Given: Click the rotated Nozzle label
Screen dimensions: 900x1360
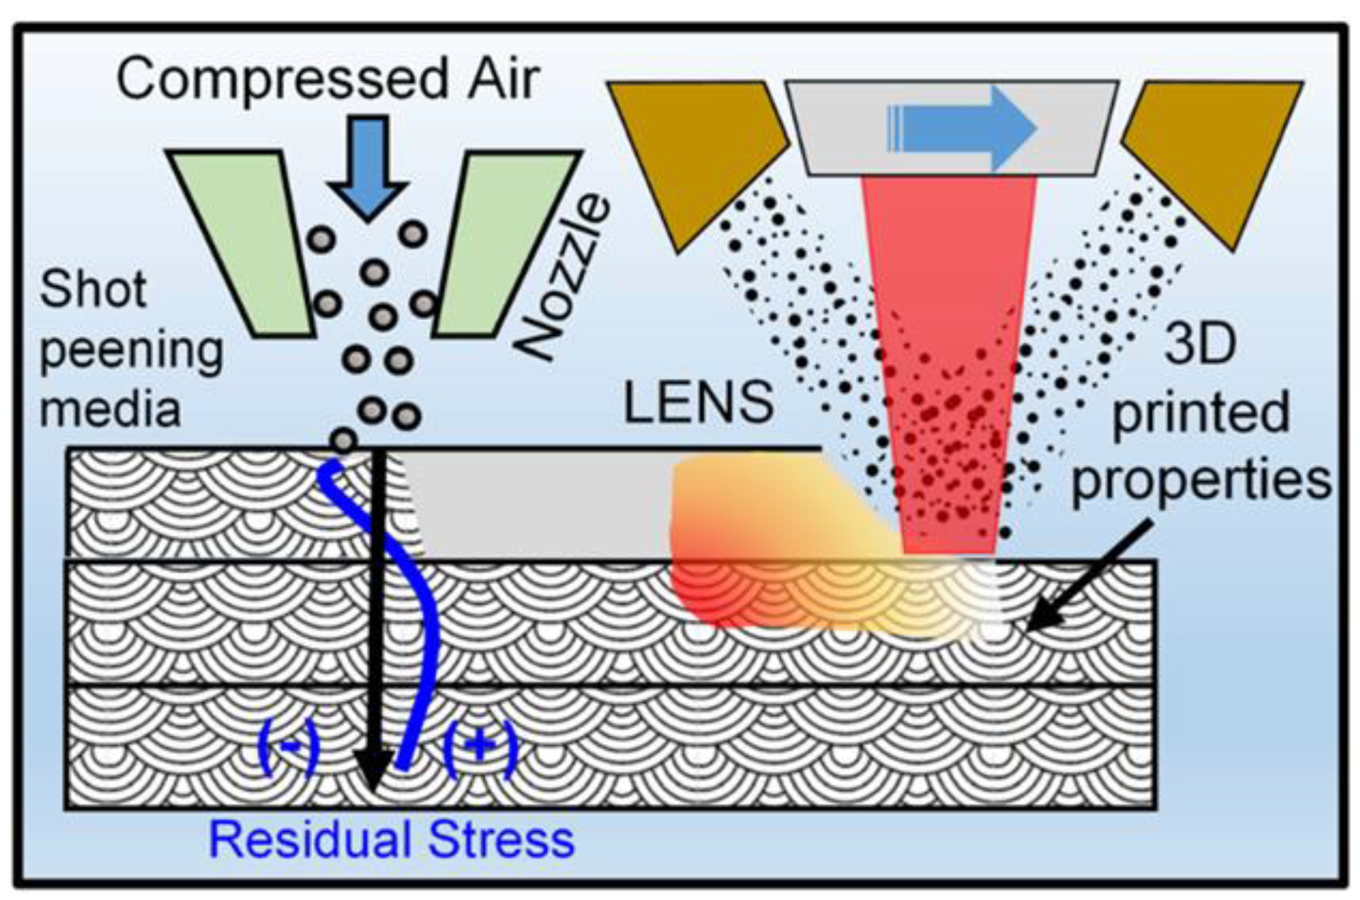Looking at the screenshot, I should [x=563, y=277].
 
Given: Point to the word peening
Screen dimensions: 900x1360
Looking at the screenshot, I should [x=131, y=351].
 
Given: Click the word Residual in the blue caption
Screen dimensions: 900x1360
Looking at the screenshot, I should [x=310, y=840].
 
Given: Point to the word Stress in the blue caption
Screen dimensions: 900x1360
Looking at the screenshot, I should [x=501, y=840].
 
